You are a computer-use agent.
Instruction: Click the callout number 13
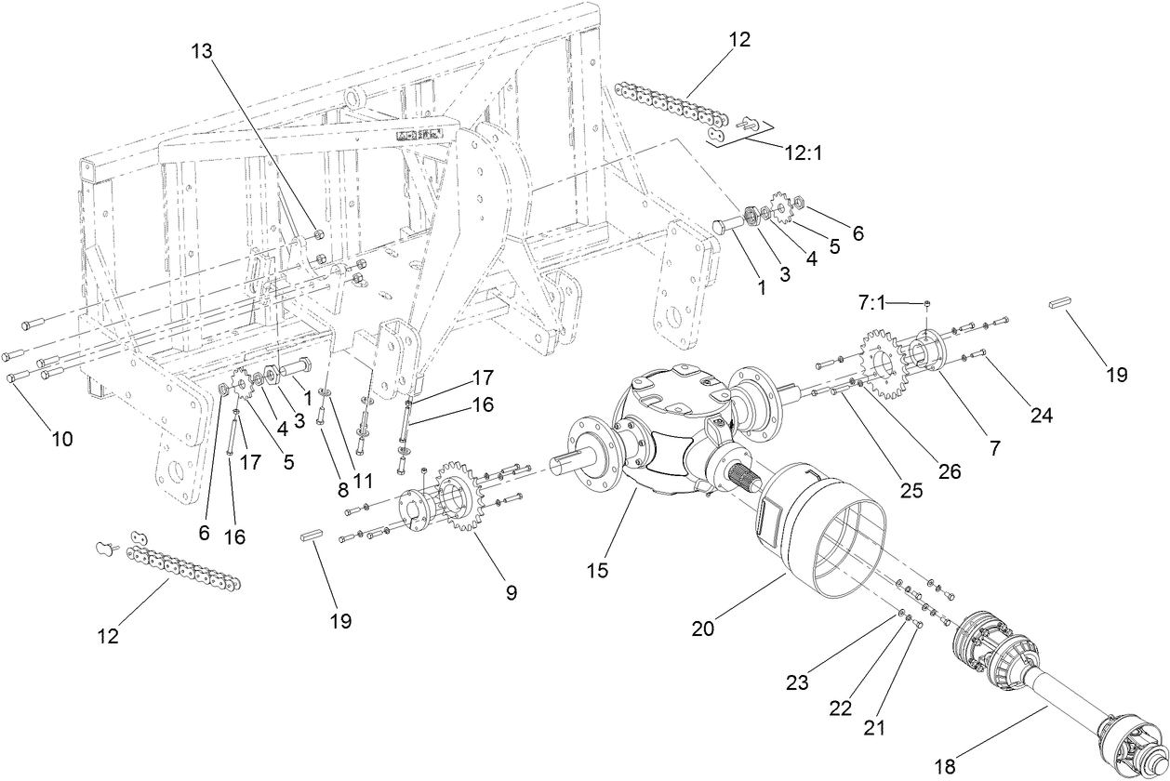click(x=202, y=51)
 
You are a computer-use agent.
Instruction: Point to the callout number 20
click(x=703, y=628)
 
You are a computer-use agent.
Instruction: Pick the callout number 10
click(x=62, y=438)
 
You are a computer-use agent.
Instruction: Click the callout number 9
click(x=511, y=591)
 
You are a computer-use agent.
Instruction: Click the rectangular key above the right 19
click(x=1061, y=302)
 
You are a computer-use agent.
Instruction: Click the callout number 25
click(x=911, y=489)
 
